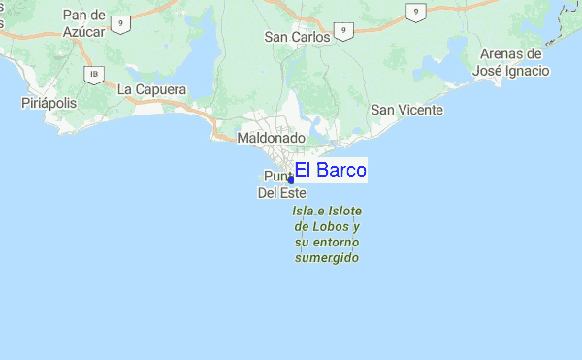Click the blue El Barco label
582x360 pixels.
(x=330, y=171)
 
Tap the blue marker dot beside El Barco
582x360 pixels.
(x=291, y=180)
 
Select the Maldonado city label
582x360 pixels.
(x=272, y=139)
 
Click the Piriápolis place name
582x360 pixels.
(x=48, y=102)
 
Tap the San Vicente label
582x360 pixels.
(x=407, y=110)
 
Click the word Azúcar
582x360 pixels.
(x=82, y=32)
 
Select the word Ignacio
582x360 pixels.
(x=527, y=71)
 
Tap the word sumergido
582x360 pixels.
(x=327, y=258)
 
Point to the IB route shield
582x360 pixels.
(x=94, y=74)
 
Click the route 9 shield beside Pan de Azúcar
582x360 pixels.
(x=120, y=22)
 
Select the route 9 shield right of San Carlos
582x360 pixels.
(x=345, y=30)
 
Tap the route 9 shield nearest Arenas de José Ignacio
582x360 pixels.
(x=414, y=12)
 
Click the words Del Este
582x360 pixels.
(x=281, y=192)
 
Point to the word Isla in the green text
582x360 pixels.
(x=307, y=210)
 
